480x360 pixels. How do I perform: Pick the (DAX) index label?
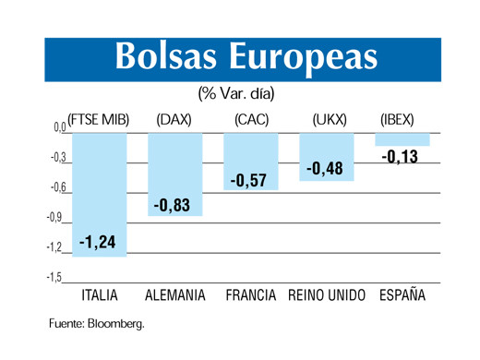[174, 119]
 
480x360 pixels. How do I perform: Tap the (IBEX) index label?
[398, 119]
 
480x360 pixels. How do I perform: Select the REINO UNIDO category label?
[327, 297]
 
